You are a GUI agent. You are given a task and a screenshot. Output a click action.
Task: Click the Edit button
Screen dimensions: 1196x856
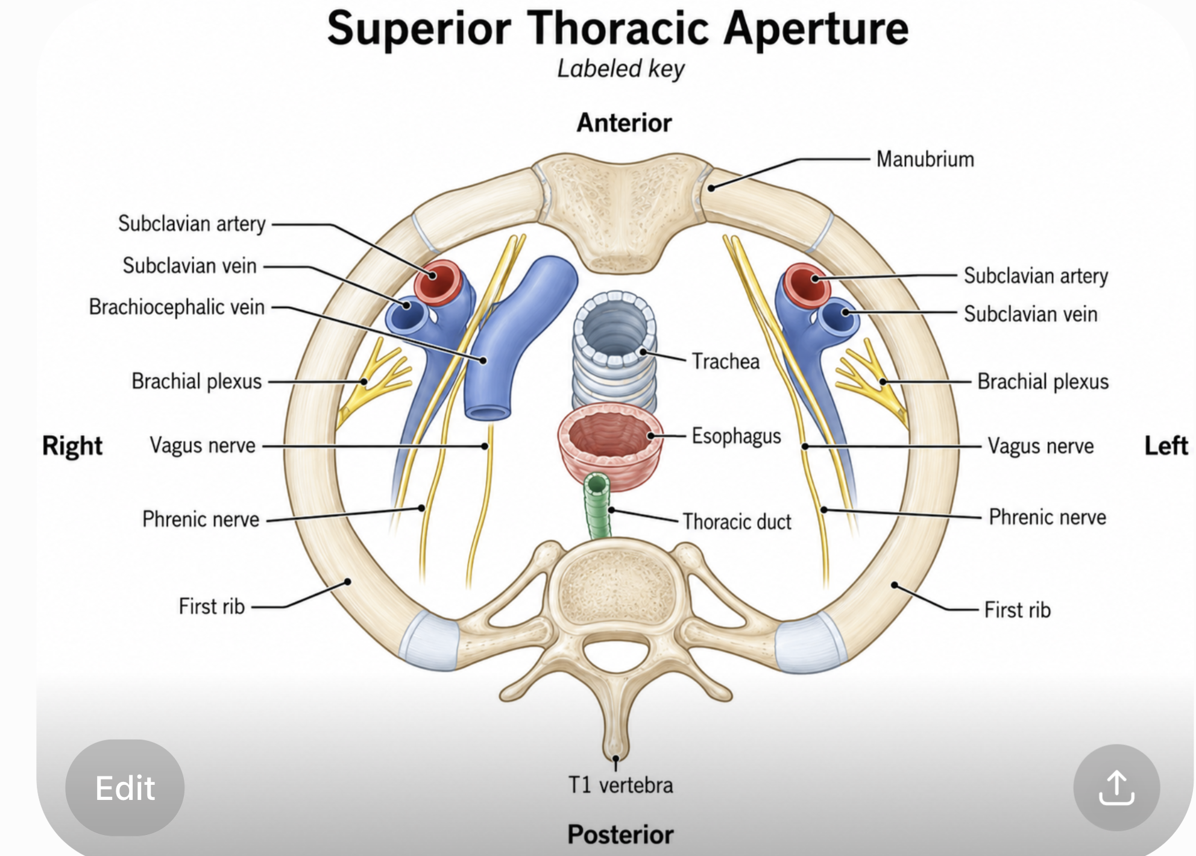(x=125, y=787)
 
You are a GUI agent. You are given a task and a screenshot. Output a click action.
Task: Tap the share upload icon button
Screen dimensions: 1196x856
(x=1116, y=787)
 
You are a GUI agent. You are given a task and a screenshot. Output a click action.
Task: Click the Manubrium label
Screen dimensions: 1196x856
(x=925, y=159)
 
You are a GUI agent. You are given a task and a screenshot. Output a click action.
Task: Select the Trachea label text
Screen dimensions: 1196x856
(x=725, y=361)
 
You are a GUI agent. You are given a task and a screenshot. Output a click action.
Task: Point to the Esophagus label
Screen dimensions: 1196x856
(x=736, y=436)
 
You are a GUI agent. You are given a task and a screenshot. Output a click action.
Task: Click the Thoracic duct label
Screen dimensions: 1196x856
(x=737, y=521)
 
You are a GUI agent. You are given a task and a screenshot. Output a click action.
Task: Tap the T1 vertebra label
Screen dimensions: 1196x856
(x=620, y=785)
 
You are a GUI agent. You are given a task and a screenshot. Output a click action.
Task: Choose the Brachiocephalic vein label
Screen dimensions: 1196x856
(x=177, y=307)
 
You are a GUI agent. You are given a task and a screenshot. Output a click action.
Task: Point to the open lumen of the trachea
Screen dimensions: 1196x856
(x=614, y=329)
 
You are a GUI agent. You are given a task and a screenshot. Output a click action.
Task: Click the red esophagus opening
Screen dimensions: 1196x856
(x=610, y=434)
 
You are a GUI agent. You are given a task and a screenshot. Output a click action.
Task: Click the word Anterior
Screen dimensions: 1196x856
(x=624, y=123)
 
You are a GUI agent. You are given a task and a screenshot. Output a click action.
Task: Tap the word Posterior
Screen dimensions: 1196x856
(x=620, y=835)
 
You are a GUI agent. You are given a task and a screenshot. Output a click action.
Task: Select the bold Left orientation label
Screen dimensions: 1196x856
(x=1166, y=446)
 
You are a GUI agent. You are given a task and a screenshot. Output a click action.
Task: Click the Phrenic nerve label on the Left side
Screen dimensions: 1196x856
(x=1047, y=517)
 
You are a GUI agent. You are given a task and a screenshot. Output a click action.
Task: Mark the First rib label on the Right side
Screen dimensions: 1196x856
(x=212, y=606)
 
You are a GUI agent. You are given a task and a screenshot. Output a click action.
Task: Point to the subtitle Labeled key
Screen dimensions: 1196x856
(x=620, y=69)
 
